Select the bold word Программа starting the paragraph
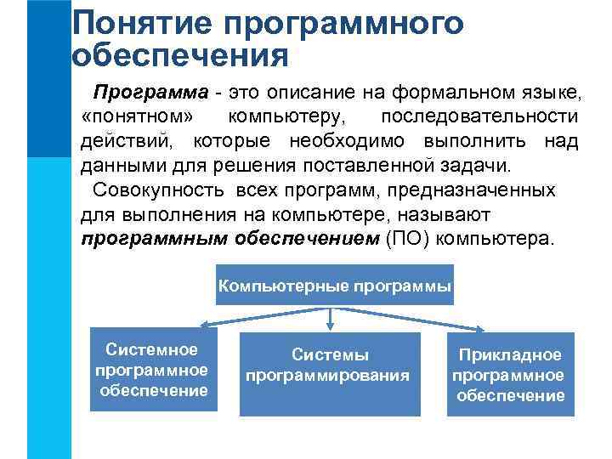coord(150,92)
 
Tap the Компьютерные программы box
coord(335,286)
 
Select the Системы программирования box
coord(330,374)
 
